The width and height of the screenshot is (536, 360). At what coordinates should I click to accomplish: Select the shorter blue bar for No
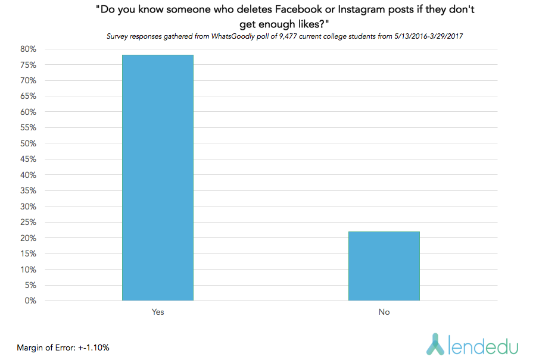[x=384, y=266]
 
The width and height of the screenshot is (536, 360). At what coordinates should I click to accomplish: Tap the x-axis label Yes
[x=158, y=312]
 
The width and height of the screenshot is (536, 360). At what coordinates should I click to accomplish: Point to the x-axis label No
[x=384, y=312]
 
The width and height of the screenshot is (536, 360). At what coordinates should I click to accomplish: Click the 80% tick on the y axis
[x=28, y=49]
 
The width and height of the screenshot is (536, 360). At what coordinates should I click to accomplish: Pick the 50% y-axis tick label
[x=28, y=143]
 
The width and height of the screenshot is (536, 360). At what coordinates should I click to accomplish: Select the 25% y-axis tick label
[x=28, y=222]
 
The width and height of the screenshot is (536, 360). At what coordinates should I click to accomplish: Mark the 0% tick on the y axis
[x=30, y=301]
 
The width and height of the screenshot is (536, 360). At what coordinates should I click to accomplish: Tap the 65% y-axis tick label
[x=28, y=96]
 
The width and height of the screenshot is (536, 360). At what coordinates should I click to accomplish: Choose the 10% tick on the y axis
[x=28, y=270]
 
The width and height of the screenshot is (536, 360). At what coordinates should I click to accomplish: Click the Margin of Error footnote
[x=63, y=347]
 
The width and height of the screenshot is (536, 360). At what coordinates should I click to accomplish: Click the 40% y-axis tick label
[x=28, y=175]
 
